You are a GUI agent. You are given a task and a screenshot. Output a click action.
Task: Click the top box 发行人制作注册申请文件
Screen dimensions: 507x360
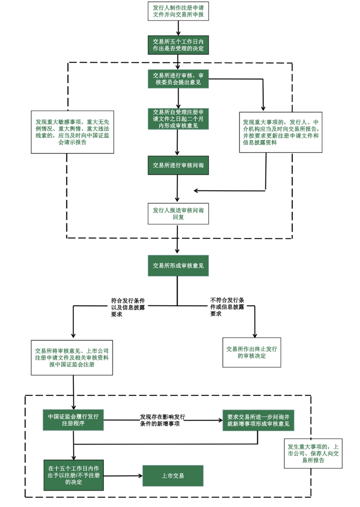(x=178, y=11)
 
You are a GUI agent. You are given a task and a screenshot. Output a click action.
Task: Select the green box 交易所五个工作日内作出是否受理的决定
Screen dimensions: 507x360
(x=178, y=44)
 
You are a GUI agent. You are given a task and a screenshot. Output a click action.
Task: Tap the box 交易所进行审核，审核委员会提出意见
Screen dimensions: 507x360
(x=178, y=78)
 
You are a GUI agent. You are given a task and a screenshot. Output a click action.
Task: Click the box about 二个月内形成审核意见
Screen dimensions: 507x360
(x=178, y=119)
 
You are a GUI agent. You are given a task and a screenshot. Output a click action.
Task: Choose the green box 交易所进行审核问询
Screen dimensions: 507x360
(x=178, y=166)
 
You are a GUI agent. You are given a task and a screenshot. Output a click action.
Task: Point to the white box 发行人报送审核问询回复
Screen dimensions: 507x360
(x=178, y=213)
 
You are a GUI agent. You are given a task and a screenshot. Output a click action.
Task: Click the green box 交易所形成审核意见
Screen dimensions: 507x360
(x=178, y=266)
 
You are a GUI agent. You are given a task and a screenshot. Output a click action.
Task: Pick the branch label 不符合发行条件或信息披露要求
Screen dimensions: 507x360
(x=227, y=307)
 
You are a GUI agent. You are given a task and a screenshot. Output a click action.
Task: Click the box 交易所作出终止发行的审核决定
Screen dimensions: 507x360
(x=252, y=352)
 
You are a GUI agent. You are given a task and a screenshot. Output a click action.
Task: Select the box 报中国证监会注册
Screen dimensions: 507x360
(x=72, y=357)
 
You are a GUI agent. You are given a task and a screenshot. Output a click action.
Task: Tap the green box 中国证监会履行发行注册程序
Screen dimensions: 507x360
(x=72, y=420)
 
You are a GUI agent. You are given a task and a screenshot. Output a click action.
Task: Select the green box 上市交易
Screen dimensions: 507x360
(x=173, y=476)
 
